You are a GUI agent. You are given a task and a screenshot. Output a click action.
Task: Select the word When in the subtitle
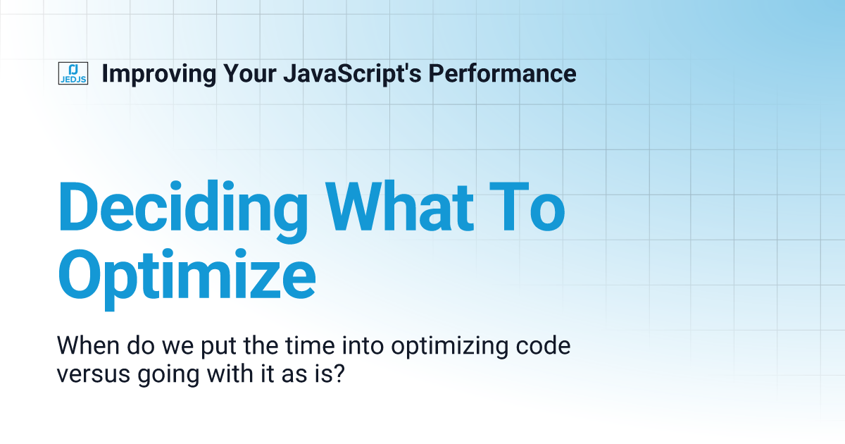82,347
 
